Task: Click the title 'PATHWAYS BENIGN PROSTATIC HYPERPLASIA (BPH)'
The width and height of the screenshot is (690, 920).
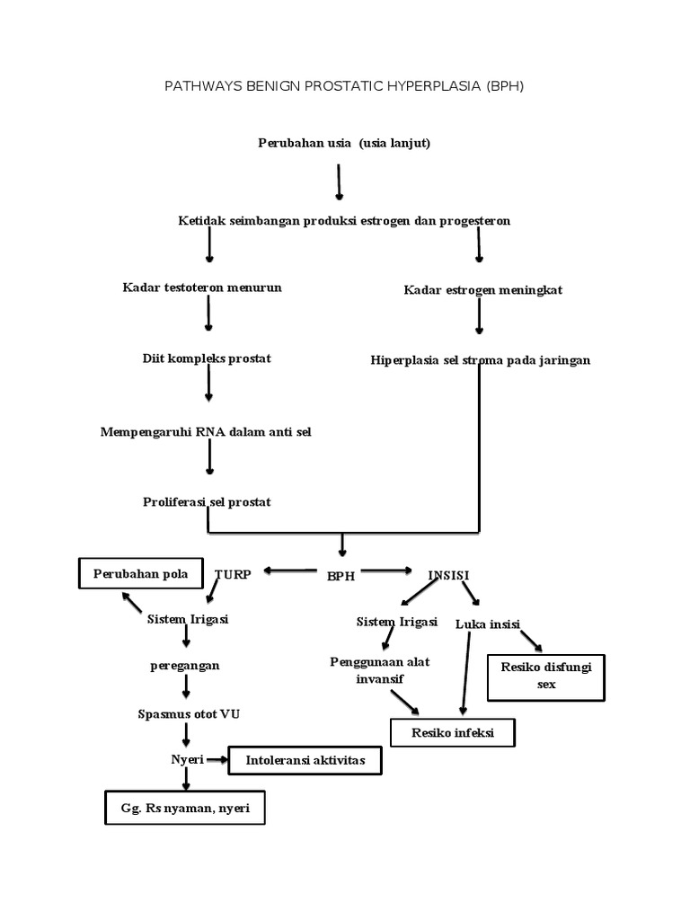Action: pyautogui.click(x=344, y=87)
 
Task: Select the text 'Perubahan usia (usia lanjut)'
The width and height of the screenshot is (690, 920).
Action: pyautogui.click(x=344, y=143)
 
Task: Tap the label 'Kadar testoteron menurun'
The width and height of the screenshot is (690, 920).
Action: pyautogui.click(x=202, y=287)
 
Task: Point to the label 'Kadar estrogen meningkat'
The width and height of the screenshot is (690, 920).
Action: pyautogui.click(x=482, y=290)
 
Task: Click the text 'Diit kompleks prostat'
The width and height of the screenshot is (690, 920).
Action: pyautogui.click(x=206, y=358)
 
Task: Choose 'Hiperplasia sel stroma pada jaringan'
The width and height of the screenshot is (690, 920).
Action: pyautogui.click(x=480, y=360)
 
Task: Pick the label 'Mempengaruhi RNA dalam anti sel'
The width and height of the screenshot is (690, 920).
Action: pyautogui.click(x=206, y=432)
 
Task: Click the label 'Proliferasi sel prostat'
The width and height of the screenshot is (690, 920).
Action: pyautogui.click(x=207, y=501)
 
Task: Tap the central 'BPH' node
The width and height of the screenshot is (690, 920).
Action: pyautogui.click(x=341, y=576)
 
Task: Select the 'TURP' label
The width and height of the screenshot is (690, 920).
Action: pyautogui.click(x=233, y=573)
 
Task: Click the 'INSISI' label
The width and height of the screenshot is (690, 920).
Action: pyautogui.click(x=448, y=573)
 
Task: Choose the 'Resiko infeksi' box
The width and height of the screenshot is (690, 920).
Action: pyautogui.click(x=454, y=733)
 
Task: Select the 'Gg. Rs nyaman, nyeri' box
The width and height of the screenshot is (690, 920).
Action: pyautogui.click(x=185, y=808)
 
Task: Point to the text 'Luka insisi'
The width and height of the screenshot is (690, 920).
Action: pyautogui.click(x=489, y=624)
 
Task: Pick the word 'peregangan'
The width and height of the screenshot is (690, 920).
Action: pyautogui.click(x=184, y=666)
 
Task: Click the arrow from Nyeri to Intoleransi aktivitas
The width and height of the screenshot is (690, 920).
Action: pyautogui.click(x=217, y=760)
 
